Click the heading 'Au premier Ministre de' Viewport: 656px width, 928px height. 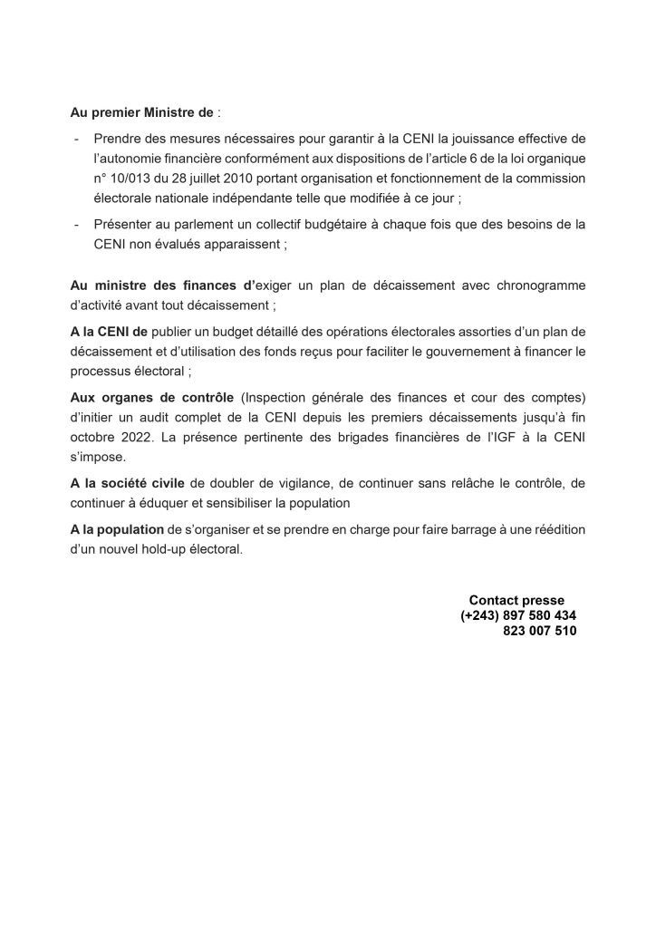pyautogui.click(x=142, y=115)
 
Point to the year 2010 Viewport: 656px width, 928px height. pyautogui.click(x=239, y=178)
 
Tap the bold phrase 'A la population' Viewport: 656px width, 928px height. pyautogui.click(x=119, y=529)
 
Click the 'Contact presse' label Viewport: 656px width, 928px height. pyautogui.click(x=516, y=600)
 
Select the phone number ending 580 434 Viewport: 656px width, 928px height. pyautogui.click(x=518, y=615)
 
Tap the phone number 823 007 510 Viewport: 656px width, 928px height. pyautogui.click(x=539, y=632)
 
